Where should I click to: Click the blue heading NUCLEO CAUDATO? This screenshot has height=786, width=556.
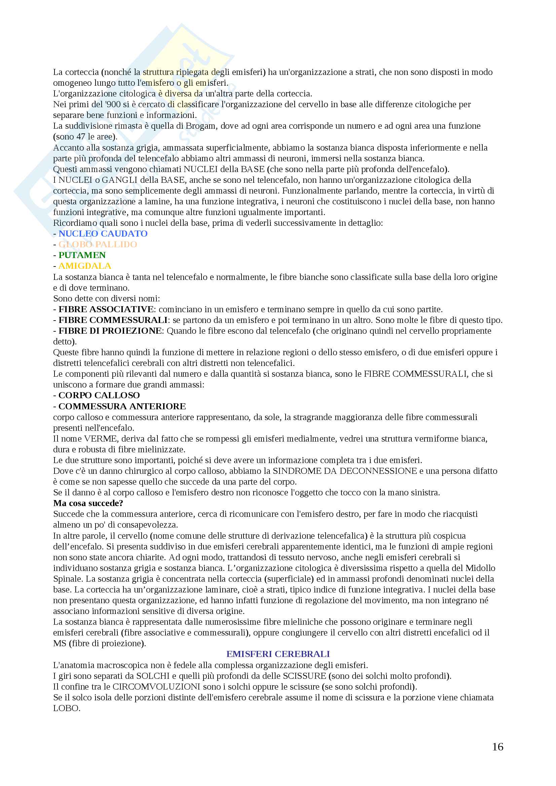[x=103, y=234]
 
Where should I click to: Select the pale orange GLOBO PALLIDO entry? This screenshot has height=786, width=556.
[x=98, y=244]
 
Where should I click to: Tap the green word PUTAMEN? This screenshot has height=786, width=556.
[x=82, y=255]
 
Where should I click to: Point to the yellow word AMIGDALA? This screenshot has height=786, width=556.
[x=85, y=266]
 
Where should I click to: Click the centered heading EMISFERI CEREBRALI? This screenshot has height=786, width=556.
[x=278, y=654]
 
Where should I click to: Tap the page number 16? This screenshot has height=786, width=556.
[x=497, y=747]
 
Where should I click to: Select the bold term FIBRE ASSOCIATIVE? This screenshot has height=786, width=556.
[x=106, y=309]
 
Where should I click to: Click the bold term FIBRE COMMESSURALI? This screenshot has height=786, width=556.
[x=113, y=320]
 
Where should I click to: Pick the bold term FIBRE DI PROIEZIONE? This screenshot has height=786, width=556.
[x=110, y=331]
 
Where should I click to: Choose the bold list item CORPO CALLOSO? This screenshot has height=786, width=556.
[x=99, y=396]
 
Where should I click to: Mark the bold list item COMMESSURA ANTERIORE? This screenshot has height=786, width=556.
[x=122, y=406]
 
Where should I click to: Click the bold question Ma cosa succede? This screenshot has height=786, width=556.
[x=88, y=503]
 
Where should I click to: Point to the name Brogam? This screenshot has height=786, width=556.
[x=200, y=126]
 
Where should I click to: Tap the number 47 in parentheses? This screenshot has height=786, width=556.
[x=80, y=136]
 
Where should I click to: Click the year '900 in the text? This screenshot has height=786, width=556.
[x=113, y=105]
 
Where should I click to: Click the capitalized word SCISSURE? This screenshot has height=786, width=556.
[x=304, y=676]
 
